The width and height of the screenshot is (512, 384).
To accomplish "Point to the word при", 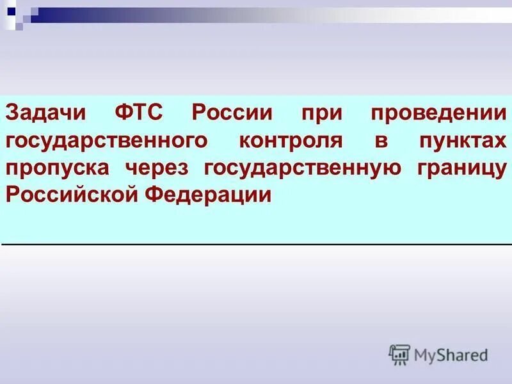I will point(313,115).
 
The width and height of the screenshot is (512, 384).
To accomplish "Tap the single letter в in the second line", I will point(381,142).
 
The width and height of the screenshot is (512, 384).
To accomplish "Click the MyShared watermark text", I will point(451,354).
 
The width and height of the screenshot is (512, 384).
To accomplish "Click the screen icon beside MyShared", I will point(399,354).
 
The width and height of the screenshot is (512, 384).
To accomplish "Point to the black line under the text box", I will point(256,244).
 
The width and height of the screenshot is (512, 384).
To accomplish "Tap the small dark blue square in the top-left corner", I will point(11,11).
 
